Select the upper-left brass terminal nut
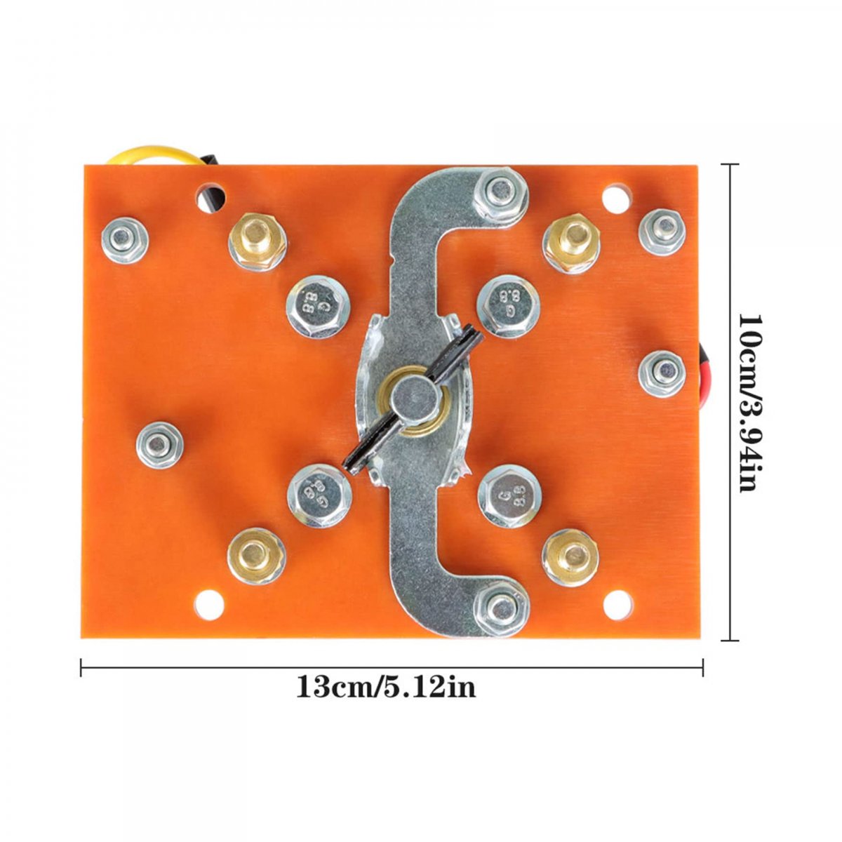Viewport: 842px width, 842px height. tap(258, 242)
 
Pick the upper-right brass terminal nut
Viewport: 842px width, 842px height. tap(570, 243)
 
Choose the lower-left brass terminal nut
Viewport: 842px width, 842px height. tap(257, 556)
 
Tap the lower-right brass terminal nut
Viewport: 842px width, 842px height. tap(570, 557)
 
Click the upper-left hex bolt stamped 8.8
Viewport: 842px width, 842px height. tap(318, 307)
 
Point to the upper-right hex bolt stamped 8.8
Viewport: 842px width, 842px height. tap(508, 305)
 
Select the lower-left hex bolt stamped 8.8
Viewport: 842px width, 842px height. tap(319, 496)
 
